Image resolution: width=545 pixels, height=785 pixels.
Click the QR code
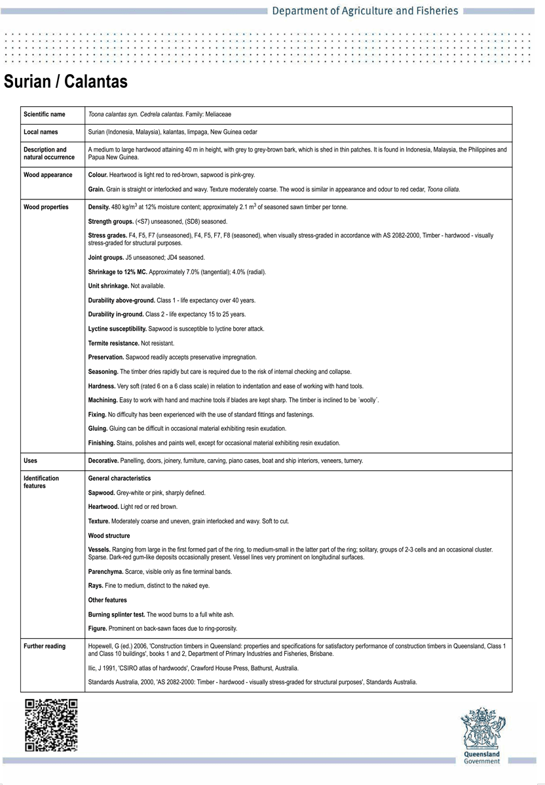51,725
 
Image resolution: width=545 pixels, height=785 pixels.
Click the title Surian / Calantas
66,82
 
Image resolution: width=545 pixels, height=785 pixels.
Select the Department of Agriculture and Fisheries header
365,11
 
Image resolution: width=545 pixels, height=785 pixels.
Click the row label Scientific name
45,114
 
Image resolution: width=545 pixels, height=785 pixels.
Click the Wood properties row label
46,207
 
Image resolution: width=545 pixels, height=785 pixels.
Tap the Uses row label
30,461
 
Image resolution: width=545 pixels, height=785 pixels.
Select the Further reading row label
45,646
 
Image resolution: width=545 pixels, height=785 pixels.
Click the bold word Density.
99,207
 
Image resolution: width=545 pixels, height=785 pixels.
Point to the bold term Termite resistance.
113,343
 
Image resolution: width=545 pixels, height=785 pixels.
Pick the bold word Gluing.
98,429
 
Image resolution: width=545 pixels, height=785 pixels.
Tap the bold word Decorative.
103,461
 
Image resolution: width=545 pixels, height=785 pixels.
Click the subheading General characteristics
119,478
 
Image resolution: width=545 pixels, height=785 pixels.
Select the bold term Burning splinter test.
117,614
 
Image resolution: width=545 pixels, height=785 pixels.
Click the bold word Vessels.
100,549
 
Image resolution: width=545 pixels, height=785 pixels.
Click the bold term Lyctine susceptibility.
117,329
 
